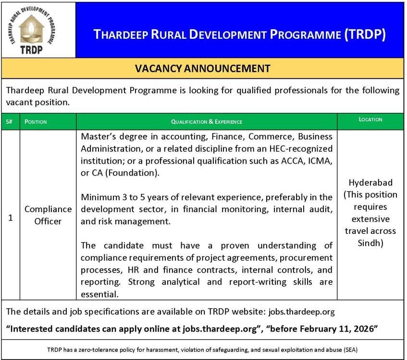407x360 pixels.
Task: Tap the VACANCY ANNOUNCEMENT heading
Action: pyautogui.click(x=203, y=68)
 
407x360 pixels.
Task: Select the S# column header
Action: pyautogui.click(x=10, y=122)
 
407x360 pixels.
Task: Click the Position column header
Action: pyautogui.click(x=36, y=122)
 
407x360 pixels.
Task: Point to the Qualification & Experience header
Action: pyautogui.click(x=207, y=122)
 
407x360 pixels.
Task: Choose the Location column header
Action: pyautogui.click(x=370, y=120)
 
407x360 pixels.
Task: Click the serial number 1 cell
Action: pyautogui.click(x=10, y=217)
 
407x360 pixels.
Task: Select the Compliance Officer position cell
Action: pyautogui.click(x=48, y=215)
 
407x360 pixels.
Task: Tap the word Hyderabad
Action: pyautogui.click(x=370, y=182)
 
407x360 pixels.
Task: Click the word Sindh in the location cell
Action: pyautogui.click(x=370, y=243)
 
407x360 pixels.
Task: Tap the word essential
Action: pyautogui.click(x=99, y=294)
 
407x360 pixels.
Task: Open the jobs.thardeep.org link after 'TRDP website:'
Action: pyautogui.click(x=301, y=312)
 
